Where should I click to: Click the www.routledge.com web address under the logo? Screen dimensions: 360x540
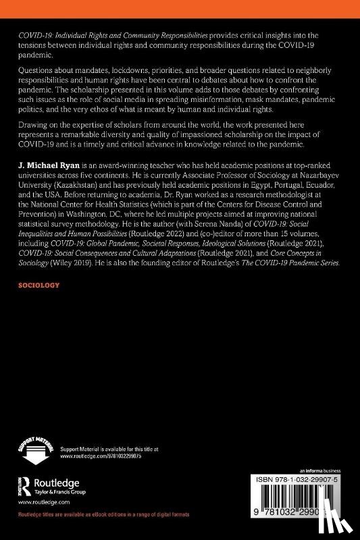(38, 502)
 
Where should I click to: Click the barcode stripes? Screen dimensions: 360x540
(315, 500)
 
